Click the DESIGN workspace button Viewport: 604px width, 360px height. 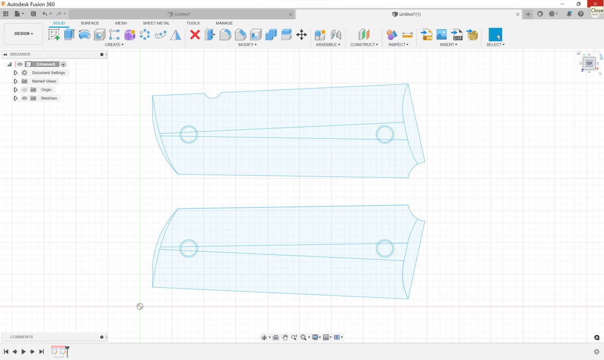tap(23, 33)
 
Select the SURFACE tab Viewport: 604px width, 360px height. tap(90, 23)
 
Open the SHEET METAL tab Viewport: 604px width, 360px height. tap(156, 23)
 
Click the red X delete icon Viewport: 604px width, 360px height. tap(195, 35)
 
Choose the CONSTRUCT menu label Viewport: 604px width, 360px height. tap(364, 45)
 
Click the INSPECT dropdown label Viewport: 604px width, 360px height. tap(398, 45)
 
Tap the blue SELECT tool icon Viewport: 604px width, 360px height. tap(495, 35)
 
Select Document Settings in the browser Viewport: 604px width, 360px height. tap(48, 73)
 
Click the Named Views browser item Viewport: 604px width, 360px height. tap(44, 81)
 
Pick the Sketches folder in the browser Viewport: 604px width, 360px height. tap(49, 98)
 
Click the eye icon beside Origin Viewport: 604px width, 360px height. tap(24, 90)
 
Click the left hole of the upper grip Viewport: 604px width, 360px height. tap(189, 134)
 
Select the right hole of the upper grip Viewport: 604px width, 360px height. tap(385, 134)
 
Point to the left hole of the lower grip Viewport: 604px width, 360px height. tap(189, 248)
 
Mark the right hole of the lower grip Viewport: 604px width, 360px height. tap(385, 248)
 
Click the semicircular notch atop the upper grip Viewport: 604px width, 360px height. tap(212, 95)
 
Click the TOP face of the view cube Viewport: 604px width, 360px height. tap(589, 63)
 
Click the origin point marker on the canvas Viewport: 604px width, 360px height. tap(140, 306)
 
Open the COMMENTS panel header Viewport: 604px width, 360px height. tap(22, 337)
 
